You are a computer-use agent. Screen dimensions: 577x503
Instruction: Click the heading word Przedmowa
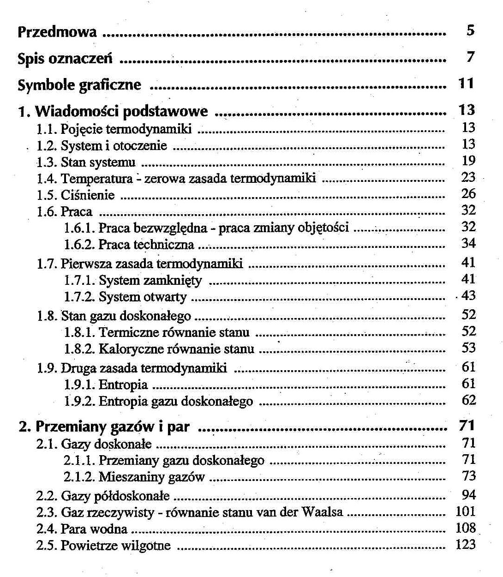coord(57,32)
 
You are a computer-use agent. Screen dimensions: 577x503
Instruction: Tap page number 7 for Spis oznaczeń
coord(470,57)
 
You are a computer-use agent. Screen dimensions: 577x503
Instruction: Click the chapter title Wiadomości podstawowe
coord(121,111)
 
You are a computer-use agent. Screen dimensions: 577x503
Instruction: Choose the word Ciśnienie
coord(88,195)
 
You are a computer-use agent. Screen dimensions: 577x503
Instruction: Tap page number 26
coord(468,194)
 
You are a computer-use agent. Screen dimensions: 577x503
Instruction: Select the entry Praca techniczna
coord(146,245)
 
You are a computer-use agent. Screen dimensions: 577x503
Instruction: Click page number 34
coord(468,243)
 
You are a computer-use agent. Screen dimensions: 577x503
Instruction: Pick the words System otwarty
coord(143,297)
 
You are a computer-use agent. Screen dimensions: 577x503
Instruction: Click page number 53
coord(468,348)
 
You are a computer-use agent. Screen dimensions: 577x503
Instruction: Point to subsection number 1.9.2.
coord(79,402)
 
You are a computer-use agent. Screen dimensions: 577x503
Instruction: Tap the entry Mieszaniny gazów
coord(151,477)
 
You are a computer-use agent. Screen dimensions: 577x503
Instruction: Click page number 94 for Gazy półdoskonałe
coord(468,495)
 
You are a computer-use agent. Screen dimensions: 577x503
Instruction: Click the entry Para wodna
coord(94,529)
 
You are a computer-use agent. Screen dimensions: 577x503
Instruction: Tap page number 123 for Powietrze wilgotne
coord(465,545)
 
